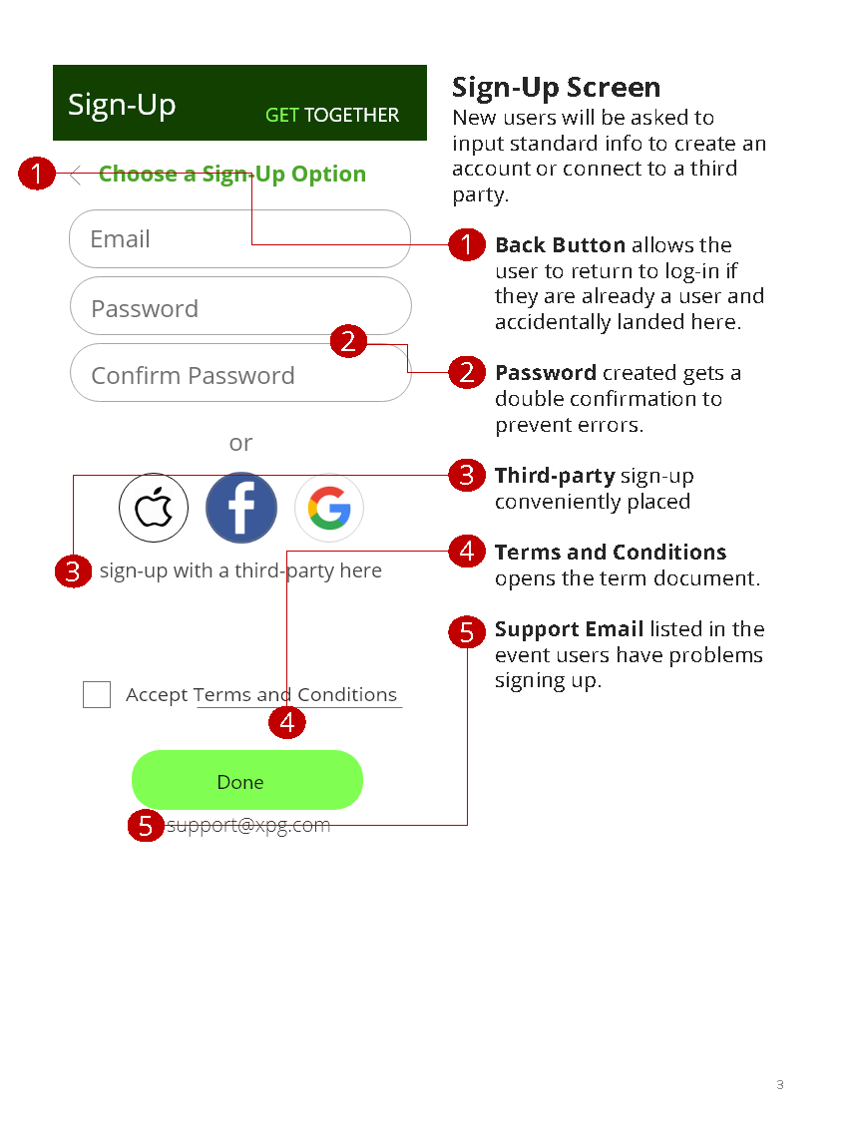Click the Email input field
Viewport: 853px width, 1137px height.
tap(239, 239)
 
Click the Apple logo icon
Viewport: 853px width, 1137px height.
tap(154, 508)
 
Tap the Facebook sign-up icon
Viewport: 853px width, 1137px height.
tap(241, 508)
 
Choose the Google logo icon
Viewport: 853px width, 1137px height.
tap(329, 508)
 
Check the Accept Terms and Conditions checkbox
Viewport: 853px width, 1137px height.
tap(97, 695)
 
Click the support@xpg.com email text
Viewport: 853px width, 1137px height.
tap(248, 826)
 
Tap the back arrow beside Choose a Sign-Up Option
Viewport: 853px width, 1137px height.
tap(76, 175)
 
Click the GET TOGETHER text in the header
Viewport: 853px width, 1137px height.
tap(332, 116)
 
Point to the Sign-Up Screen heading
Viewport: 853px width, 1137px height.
tap(556, 88)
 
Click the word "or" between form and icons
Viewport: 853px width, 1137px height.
tap(240, 443)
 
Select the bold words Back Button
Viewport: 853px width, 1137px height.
tap(560, 245)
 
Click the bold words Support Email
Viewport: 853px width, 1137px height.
tap(569, 629)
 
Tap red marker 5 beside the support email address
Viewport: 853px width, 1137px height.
tap(146, 826)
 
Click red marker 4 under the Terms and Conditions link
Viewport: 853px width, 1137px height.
tap(287, 722)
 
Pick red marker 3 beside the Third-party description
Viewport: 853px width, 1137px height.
tap(466, 476)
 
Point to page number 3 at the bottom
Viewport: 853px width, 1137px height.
tap(780, 1085)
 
